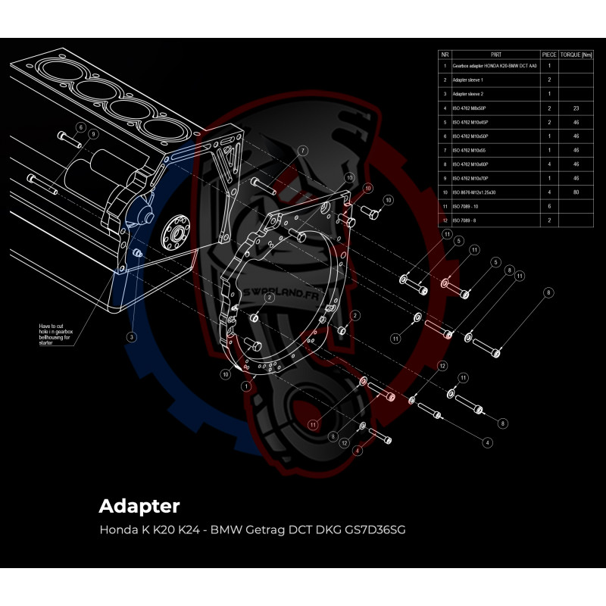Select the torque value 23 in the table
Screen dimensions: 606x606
(576, 108)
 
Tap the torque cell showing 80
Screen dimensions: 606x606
(576, 192)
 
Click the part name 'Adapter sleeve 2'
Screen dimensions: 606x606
(467, 93)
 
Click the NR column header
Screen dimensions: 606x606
(445, 55)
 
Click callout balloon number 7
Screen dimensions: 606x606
(302, 150)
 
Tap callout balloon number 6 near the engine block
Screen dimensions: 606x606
(81, 127)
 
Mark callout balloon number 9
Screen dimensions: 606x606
(92, 134)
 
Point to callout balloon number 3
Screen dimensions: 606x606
(131, 336)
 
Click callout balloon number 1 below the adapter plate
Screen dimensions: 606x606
(245, 386)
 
